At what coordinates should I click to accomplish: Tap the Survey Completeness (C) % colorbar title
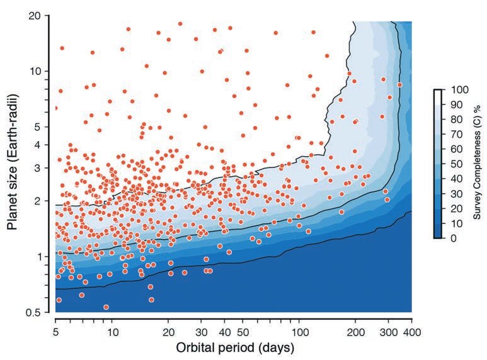(x=478, y=164)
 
